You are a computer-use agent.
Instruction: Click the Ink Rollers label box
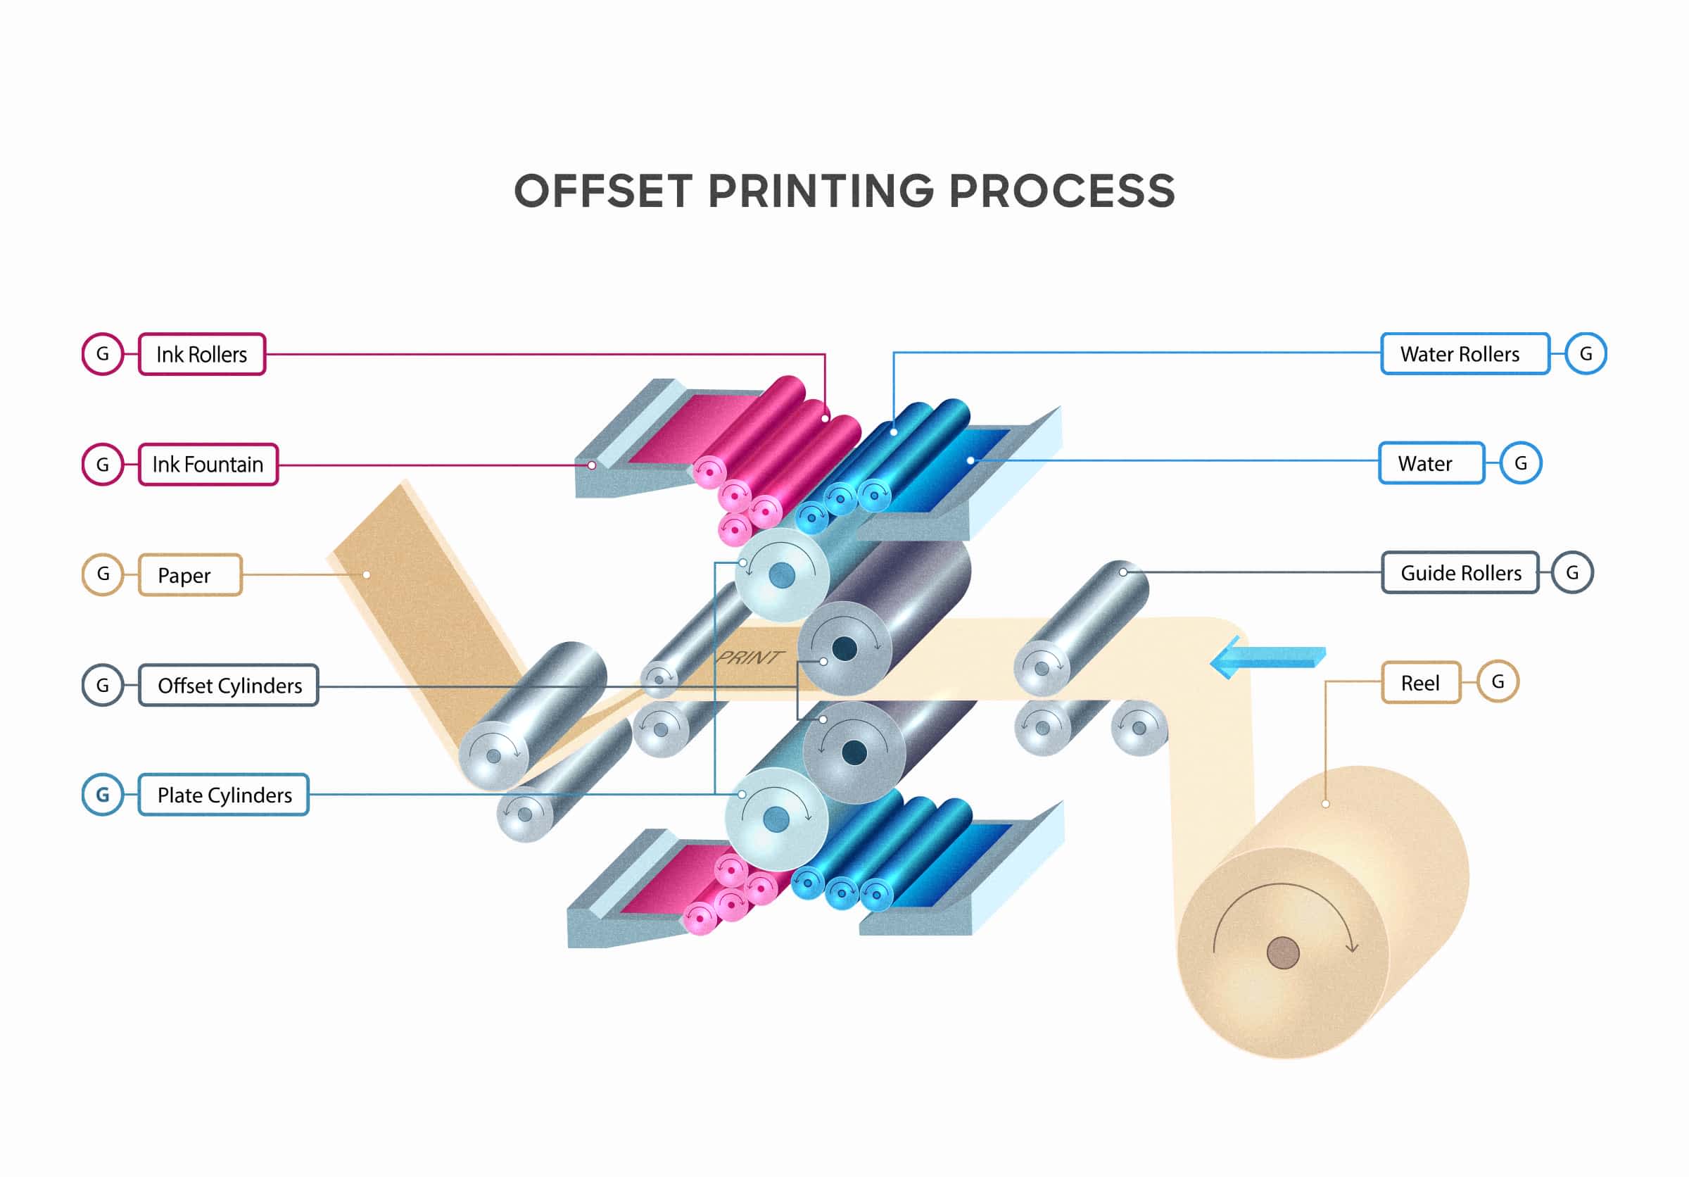click(x=201, y=355)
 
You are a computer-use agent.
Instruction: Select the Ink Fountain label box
click(x=208, y=464)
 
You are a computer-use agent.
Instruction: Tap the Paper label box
click(x=189, y=574)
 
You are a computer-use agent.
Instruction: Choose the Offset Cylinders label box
click(x=228, y=685)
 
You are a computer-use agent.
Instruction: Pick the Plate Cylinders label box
click(x=223, y=795)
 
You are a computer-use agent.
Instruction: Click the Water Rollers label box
click(x=1465, y=354)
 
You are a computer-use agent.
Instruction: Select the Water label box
click(x=1431, y=462)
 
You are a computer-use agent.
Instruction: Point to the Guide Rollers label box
click(x=1460, y=572)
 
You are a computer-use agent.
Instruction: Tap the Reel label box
click(x=1420, y=683)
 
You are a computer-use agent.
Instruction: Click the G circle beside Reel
click(x=1498, y=681)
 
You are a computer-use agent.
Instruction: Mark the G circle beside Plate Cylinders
click(x=102, y=795)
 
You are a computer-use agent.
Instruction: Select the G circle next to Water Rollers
click(x=1586, y=354)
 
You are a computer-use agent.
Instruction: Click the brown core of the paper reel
click(x=1282, y=952)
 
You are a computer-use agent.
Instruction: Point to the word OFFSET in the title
click(x=602, y=191)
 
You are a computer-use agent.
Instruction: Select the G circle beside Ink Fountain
click(x=102, y=464)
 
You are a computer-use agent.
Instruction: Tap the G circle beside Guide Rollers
click(x=1572, y=572)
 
